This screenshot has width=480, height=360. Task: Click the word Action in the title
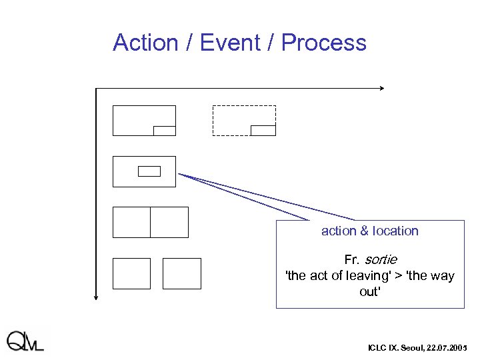[146, 43]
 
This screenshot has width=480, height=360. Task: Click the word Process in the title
[323, 43]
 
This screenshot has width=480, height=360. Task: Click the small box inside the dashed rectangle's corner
[263, 130]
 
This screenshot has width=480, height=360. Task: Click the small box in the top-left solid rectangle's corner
[164, 131]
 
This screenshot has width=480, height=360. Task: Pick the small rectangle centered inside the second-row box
[149, 171]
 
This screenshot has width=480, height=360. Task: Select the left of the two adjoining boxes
[131, 222]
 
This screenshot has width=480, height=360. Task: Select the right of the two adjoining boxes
[169, 222]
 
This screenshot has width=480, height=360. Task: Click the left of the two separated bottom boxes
[131, 273]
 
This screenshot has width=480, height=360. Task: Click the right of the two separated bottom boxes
[181, 273]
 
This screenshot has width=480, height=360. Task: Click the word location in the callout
[395, 231]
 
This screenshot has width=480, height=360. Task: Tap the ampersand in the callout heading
[364, 231]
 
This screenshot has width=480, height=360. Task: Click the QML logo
[25, 341]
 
